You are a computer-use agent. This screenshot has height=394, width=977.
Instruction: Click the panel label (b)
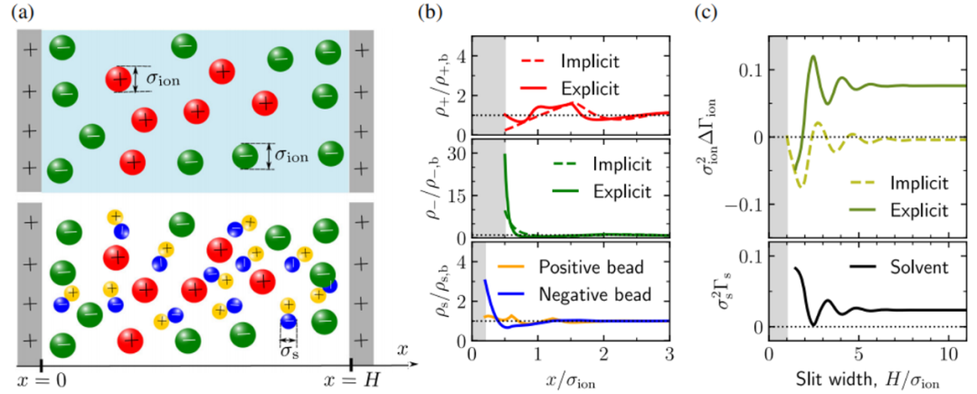click(428, 14)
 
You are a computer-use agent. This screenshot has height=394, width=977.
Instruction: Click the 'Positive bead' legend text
click(594, 269)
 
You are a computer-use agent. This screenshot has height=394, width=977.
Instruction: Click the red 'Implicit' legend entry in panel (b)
click(599, 66)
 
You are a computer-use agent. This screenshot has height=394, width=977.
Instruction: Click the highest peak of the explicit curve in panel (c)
click(813, 56)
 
